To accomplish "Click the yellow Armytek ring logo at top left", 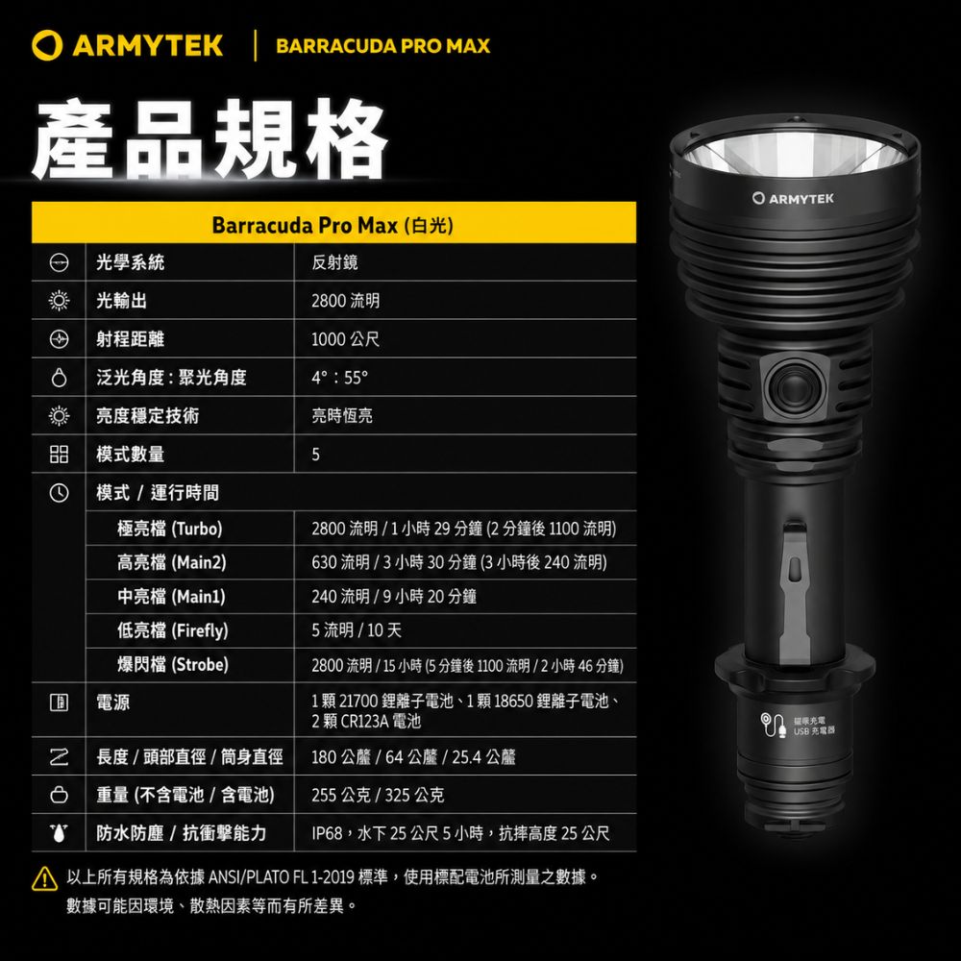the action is pyautogui.click(x=46, y=46).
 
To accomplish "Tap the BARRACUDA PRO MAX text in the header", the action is pyautogui.click(x=383, y=46).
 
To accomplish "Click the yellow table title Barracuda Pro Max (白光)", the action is pyautogui.click(x=333, y=226).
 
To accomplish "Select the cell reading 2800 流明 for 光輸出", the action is pyautogui.click(x=346, y=301).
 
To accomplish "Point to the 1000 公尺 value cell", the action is pyautogui.click(x=346, y=339).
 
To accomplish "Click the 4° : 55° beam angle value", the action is pyautogui.click(x=340, y=378).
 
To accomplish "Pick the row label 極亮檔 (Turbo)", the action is pyautogui.click(x=170, y=529).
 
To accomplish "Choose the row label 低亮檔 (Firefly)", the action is pyautogui.click(x=173, y=630).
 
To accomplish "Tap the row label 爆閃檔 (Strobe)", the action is pyautogui.click(x=173, y=664).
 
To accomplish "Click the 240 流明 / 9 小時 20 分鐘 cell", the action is pyautogui.click(x=394, y=597).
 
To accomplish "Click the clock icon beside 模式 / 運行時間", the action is pyautogui.click(x=59, y=493).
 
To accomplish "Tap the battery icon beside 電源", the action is pyautogui.click(x=59, y=702).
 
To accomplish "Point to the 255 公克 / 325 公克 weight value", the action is pyautogui.click(x=378, y=795).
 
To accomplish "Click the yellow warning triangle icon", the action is pyautogui.click(x=44, y=878).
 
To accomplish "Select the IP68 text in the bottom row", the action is pyautogui.click(x=327, y=833).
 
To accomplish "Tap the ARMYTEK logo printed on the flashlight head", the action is pyautogui.click(x=793, y=198).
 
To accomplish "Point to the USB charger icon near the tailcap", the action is pyautogui.click(x=773, y=725).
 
